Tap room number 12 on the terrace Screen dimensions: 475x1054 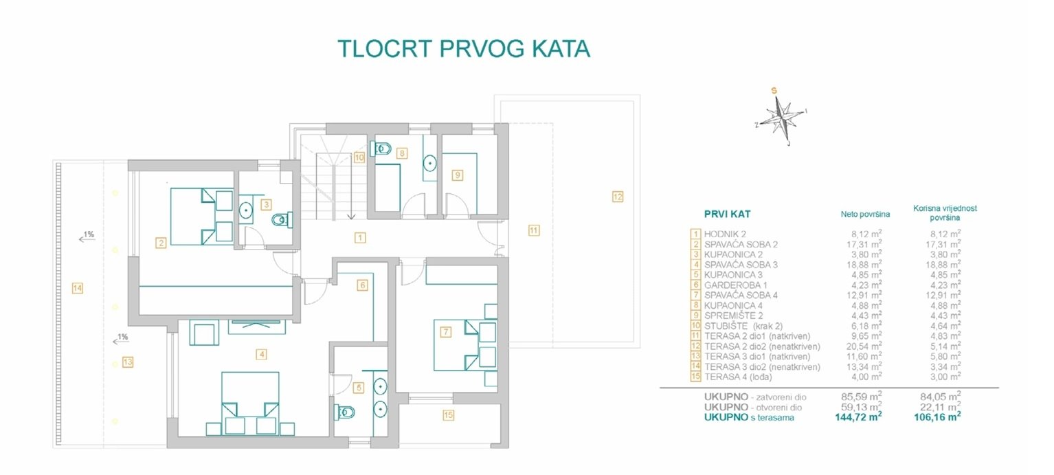(x=618, y=197)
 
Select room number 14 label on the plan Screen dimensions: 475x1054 (x=77, y=289)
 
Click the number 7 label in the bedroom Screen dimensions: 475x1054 (x=445, y=332)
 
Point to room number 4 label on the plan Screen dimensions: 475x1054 (x=260, y=355)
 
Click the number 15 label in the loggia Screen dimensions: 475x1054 (x=448, y=415)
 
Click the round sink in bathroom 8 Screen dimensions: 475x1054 (x=429, y=164)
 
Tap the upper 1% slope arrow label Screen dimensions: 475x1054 (x=88, y=236)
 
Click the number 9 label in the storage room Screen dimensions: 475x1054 (x=457, y=175)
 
